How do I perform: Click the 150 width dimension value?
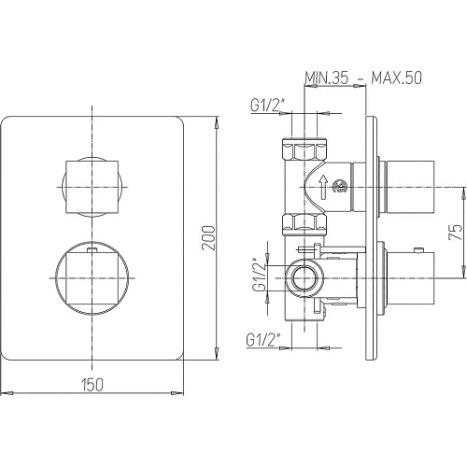[x=92, y=385]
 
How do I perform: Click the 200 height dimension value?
[x=208, y=238]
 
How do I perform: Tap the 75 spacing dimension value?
[x=455, y=232]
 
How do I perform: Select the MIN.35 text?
[x=326, y=78]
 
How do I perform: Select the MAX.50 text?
[x=396, y=78]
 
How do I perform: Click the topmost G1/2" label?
[x=267, y=106]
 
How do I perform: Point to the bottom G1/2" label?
[x=262, y=340]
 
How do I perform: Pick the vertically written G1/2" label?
[x=259, y=275]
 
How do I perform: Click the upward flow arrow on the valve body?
[x=323, y=187]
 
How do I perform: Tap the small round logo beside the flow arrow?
[x=340, y=187]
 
